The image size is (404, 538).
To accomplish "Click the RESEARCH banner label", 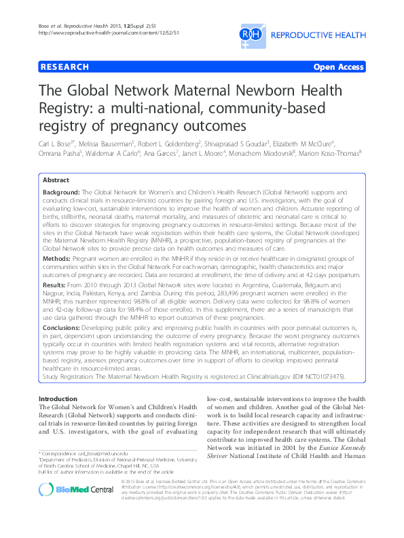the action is [x=65, y=67].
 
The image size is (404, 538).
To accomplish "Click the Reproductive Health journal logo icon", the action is [x=251, y=33].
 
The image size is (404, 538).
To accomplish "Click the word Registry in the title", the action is [x=68, y=110].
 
